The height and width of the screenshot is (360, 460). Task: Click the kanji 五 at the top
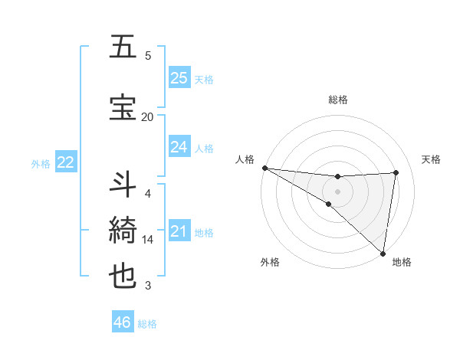pos(123,47)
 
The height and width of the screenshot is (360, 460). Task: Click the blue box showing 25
pos(179,77)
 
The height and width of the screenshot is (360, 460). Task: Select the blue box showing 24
pos(179,146)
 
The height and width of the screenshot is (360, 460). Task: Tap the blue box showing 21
pos(179,231)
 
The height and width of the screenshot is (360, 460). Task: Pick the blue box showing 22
pos(66,162)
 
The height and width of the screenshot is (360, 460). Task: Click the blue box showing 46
pos(123,322)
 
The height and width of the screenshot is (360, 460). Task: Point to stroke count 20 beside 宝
pos(147,116)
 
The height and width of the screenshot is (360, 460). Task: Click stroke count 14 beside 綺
pos(148,240)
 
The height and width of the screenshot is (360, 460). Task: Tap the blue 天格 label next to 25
pos(204,79)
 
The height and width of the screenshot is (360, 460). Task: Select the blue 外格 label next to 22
pos(41,163)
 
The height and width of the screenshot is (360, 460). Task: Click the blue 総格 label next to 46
pos(147,324)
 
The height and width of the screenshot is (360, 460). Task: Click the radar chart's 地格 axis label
pos(402,262)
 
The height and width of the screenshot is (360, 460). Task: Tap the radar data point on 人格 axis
pos(264,168)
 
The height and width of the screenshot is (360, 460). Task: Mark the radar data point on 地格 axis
pos(383,253)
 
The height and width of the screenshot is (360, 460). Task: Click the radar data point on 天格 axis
pos(396,172)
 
